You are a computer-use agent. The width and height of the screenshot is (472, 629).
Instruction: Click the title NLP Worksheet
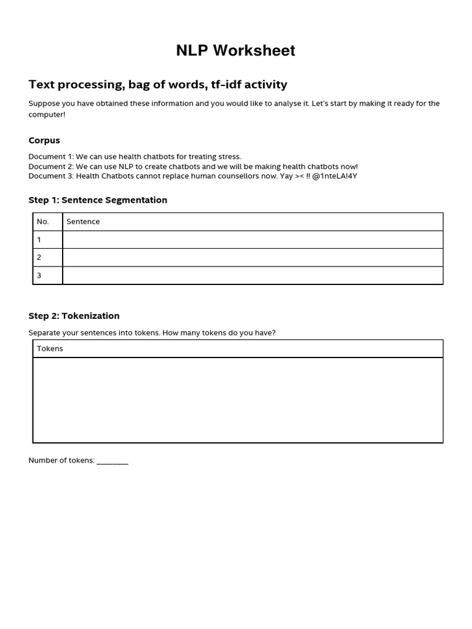[235, 51]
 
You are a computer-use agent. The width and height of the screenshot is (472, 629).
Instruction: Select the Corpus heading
[44, 141]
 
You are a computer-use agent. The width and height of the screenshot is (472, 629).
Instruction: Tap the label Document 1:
[51, 157]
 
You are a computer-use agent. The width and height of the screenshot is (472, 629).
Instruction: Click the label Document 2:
[51, 166]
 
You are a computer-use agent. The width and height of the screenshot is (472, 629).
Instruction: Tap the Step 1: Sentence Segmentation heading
[98, 200]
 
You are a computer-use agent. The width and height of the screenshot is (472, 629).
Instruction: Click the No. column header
[43, 222]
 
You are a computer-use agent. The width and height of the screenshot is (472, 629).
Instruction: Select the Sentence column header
[83, 222]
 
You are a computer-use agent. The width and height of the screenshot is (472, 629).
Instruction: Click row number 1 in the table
[39, 240]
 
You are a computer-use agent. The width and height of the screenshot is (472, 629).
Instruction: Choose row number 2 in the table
[39, 257]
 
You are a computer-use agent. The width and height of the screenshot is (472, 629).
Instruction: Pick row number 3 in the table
[39, 275]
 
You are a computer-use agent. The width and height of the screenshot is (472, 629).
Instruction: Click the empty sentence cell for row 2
[252, 257]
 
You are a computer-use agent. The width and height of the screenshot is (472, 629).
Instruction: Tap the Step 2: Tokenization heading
[74, 316]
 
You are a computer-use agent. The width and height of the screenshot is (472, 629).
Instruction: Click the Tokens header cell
[50, 349]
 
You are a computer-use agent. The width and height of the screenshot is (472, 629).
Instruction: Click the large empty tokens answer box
[237, 400]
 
